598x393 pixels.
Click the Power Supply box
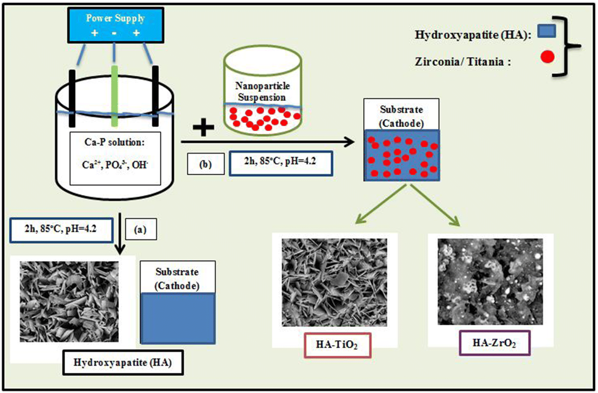(x=116, y=25)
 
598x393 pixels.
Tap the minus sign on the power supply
(x=114, y=33)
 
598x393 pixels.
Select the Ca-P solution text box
(x=115, y=158)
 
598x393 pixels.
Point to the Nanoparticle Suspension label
(x=262, y=91)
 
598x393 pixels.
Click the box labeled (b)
(x=206, y=164)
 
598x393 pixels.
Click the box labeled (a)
(x=140, y=229)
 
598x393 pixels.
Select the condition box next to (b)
(x=281, y=163)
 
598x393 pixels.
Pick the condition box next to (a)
(x=61, y=230)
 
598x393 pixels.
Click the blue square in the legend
(x=546, y=31)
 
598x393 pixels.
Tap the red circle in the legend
(x=547, y=57)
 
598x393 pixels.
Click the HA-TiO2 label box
(x=337, y=345)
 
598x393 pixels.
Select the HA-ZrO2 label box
(x=494, y=343)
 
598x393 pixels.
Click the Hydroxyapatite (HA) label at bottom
(x=123, y=363)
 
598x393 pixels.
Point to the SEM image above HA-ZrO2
(x=490, y=282)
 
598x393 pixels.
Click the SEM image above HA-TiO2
(x=334, y=282)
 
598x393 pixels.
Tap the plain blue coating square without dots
(x=178, y=318)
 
